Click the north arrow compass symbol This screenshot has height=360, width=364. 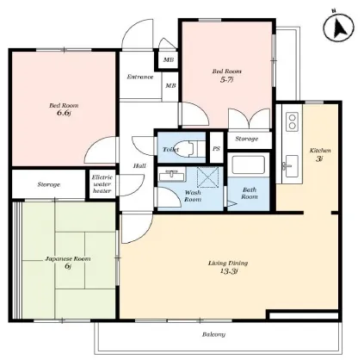[x=338, y=28]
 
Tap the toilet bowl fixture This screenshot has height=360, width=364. [x=187, y=149]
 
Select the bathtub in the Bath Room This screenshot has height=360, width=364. [x=249, y=164]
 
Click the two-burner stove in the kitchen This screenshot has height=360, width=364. [x=293, y=121]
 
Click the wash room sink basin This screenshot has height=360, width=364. [x=171, y=175]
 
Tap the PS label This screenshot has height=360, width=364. [x=216, y=149]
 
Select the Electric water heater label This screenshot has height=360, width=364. [x=102, y=184]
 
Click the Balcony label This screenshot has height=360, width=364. [x=213, y=334]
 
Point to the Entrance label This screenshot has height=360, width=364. [x=140, y=77]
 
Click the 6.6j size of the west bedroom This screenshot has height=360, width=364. [x=64, y=113]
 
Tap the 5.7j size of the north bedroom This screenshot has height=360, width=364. [x=226, y=79]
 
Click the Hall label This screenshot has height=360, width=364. [x=139, y=165]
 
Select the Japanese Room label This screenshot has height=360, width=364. [x=68, y=258]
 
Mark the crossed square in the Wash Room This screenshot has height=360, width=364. [x=207, y=177]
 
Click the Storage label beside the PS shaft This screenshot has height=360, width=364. [x=247, y=139]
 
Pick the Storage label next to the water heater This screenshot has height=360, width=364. [x=49, y=184]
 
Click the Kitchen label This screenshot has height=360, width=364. [x=320, y=151]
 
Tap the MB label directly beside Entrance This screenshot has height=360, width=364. [x=170, y=85]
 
